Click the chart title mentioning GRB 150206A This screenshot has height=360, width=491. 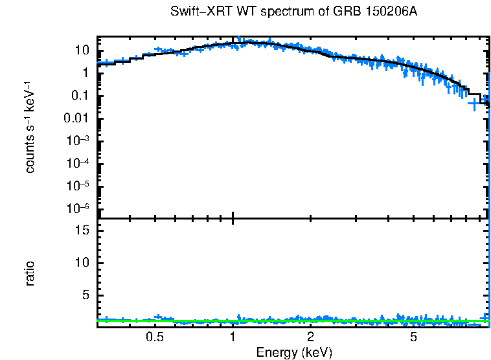293,12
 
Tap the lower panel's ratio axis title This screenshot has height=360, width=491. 30,273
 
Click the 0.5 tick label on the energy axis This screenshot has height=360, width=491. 154,337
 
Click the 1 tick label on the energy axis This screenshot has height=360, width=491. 233,337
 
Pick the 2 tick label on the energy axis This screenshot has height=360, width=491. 311,337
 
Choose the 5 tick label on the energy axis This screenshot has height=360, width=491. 414,337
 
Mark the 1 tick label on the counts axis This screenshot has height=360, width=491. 85,73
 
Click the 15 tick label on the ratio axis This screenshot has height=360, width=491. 82,230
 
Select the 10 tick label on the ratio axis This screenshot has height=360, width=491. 82,262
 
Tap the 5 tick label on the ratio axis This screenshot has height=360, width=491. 85,295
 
